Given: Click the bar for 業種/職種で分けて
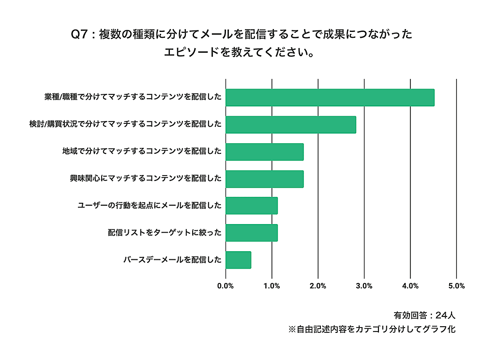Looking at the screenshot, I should pyautogui.click(x=330, y=98).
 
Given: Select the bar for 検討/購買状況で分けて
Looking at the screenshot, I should pyautogui.click(x=290, y=125).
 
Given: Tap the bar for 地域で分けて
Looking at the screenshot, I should pyautogui.click(x=264, y=152).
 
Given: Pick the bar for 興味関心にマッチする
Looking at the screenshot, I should pyautogui.click(x=264, y=179).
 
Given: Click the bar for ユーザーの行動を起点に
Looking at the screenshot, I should pyautogui.click(x=251, y=206).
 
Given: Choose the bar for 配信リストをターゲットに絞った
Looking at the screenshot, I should pyautogui.click(x=251, y=233).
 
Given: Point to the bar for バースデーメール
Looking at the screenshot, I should pyautogui.click(x=238, y=260).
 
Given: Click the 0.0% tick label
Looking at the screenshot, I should pyautogui.click(x=226, y=286).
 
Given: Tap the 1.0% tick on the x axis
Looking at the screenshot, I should pyautogui.click(x=272, y=286).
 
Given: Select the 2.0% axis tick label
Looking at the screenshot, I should pyautogui.click(x=318, y=286).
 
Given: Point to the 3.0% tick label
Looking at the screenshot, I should pyautogui.click(x=364, y=286).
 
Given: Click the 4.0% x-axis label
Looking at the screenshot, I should pyautogui.click(x=410, y=286).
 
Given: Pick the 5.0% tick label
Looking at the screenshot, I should pyautogui.click(x=457, y=286).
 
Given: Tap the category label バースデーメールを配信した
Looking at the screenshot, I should pyautogui.click(x=172, y=260).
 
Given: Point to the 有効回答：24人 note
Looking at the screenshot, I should pyautogui.click(x=424, y=315).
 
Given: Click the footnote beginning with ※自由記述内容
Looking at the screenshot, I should pyautogui.click(x=372, y=330).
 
